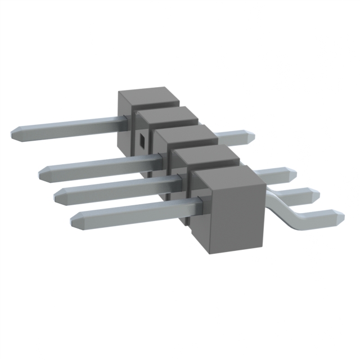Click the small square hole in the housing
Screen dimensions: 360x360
142,140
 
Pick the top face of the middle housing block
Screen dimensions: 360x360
186,136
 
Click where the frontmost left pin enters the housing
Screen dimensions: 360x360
198,205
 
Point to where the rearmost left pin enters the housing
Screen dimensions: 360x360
121,120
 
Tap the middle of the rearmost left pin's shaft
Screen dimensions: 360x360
67,127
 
